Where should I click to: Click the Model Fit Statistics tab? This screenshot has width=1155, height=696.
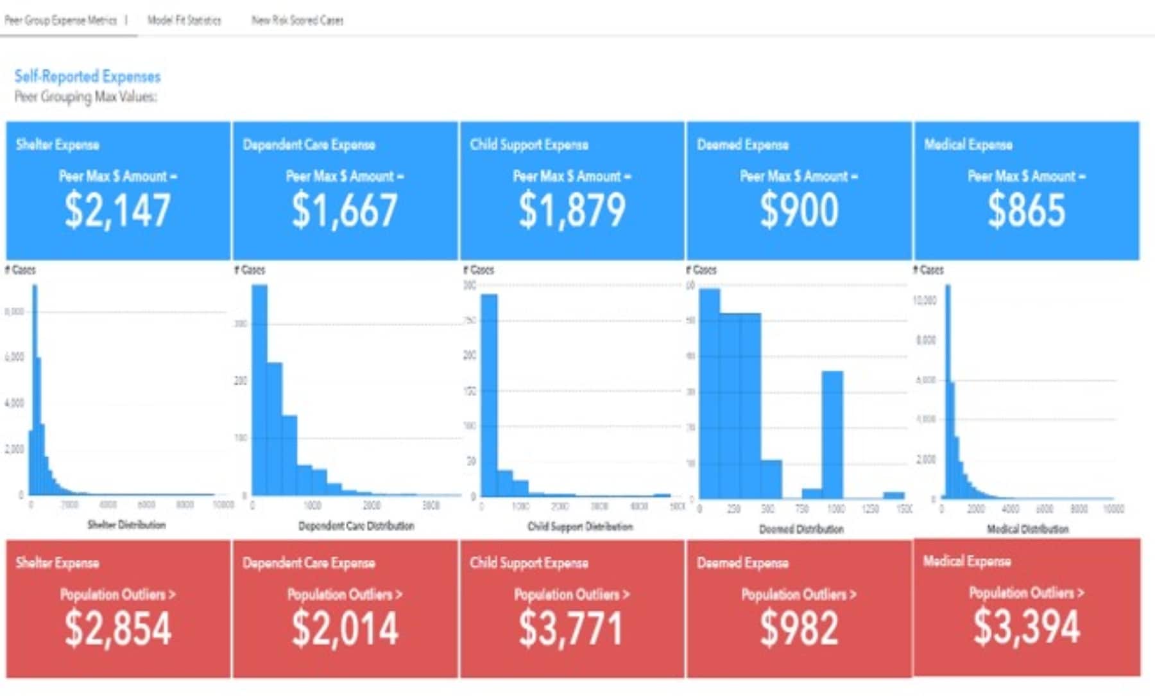point(184,20)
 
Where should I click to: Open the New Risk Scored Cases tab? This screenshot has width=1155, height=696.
point(297,20)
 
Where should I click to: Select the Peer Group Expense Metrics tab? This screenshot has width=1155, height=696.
point(61,20)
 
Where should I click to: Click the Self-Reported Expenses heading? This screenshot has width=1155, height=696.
point(87,76)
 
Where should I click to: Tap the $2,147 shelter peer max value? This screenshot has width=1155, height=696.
point(117,211)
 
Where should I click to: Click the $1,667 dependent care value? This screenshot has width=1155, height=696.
point(345,211)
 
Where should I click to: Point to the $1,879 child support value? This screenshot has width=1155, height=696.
point(572,211)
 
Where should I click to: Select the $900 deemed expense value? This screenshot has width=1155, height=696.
point(799,211)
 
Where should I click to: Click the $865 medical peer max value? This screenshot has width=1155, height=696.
point(1026,211)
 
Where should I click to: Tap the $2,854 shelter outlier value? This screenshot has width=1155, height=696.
point(117,628)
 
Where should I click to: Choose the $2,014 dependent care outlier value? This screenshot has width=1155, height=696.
point(345,628)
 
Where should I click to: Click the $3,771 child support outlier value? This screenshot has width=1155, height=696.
point(570,628)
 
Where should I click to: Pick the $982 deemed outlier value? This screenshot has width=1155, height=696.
point(799,628)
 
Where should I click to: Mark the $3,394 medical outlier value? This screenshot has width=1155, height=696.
point(1027,626)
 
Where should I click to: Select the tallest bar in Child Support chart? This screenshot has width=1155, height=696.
point(489,395)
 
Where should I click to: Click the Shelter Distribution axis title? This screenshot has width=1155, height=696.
point(126,525)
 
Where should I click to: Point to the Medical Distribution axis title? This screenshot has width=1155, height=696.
point(1027,529)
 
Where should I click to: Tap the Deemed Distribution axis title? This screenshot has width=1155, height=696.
point(801,529)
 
